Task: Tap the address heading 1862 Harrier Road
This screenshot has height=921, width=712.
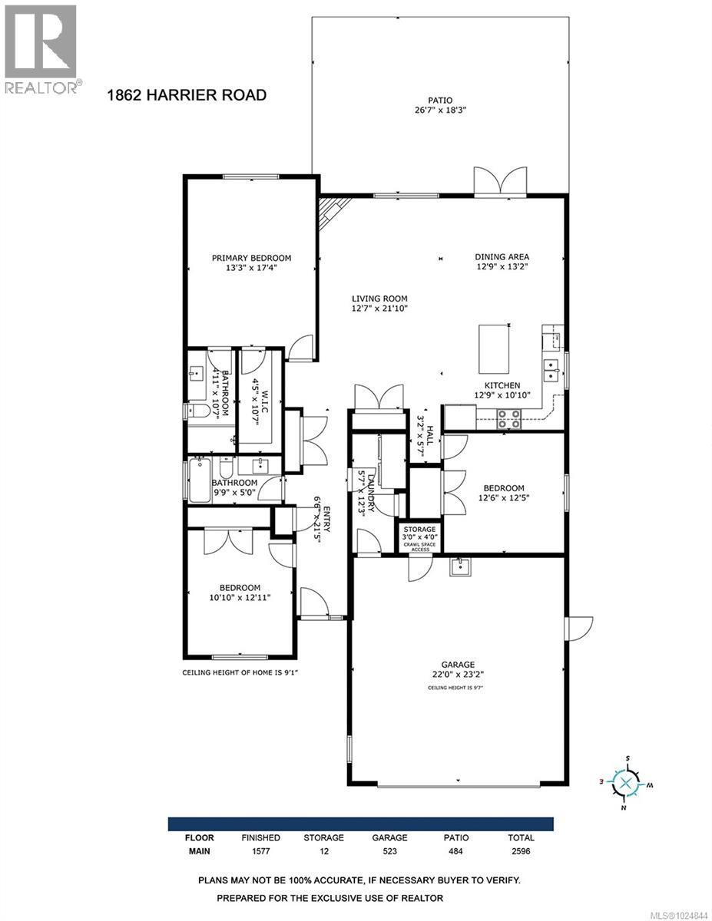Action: (186, 95)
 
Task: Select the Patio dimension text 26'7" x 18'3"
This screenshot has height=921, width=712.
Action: (440, 111)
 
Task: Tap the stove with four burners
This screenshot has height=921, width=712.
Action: (508, 418)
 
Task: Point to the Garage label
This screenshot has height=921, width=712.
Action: (457, 665)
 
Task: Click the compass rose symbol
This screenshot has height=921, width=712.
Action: (626, 783)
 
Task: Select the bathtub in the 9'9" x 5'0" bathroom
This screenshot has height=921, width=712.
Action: (200, 480)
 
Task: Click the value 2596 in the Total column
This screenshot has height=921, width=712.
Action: (520, 851)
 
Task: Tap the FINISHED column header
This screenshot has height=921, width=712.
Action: (260, 837)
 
